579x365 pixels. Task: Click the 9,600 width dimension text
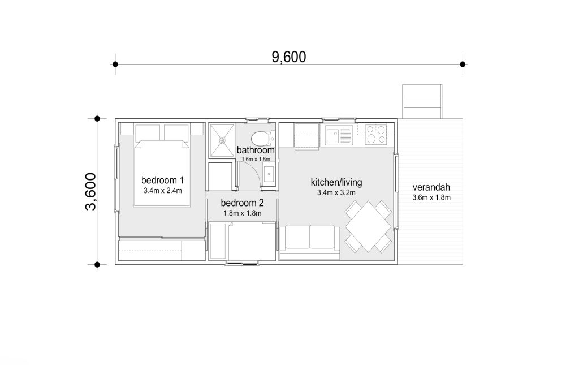(289, 57)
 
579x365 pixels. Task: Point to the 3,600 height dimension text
(90, 191)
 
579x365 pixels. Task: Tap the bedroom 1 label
(162, 181)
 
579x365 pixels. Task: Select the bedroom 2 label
(242, 203)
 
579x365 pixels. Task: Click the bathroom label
(256, 151)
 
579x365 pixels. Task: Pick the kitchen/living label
(336, 182)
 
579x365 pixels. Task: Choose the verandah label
(431, 187)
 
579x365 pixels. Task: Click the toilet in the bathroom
(263, 138)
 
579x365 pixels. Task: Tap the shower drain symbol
(222, 140)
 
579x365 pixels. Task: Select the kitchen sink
(339, 135)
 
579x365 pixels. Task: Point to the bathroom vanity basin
(269, 174)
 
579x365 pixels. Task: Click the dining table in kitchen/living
(369, 226)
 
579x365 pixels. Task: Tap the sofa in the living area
(309, 242)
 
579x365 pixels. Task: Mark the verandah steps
(422, 102)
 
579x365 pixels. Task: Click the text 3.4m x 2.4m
(163, 191)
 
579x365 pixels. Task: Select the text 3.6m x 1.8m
(431, 197)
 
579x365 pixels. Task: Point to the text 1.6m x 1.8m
(256, 159)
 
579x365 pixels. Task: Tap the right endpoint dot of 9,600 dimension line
(463, 65)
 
